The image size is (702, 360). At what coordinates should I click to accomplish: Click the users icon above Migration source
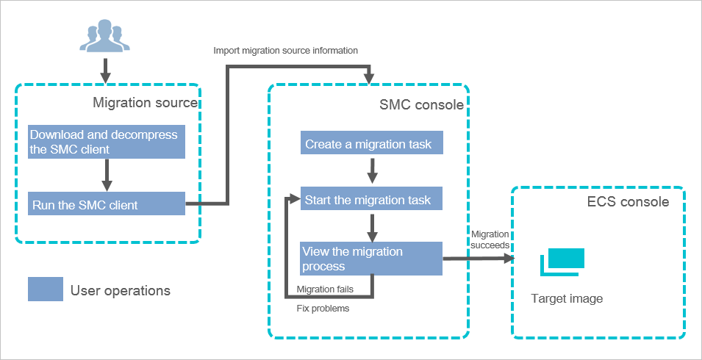[x=104, y=37]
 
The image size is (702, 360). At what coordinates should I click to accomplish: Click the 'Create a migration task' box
[x=373, y=143]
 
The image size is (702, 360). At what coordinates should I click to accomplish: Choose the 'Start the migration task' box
[x=373, y=199]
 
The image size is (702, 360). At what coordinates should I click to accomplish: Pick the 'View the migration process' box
[x=371, y=259]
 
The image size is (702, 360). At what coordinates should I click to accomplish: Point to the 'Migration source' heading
[x=145, y=103]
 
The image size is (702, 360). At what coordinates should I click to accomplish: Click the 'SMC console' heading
[x=421, y=105]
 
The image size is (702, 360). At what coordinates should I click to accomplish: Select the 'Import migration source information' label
[x=285, y=51]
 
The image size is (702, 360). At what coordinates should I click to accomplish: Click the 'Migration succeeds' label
[x=490, y=240]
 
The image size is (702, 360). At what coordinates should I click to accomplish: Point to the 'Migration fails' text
[x=324, y=289]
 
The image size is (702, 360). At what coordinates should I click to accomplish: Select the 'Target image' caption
[x=567, y=299]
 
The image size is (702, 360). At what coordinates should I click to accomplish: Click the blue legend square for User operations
[x=45, y=289]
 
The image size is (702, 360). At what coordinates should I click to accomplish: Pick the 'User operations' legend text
[x=121, y=290]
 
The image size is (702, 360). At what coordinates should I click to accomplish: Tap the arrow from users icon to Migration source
[x=104, y=70]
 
